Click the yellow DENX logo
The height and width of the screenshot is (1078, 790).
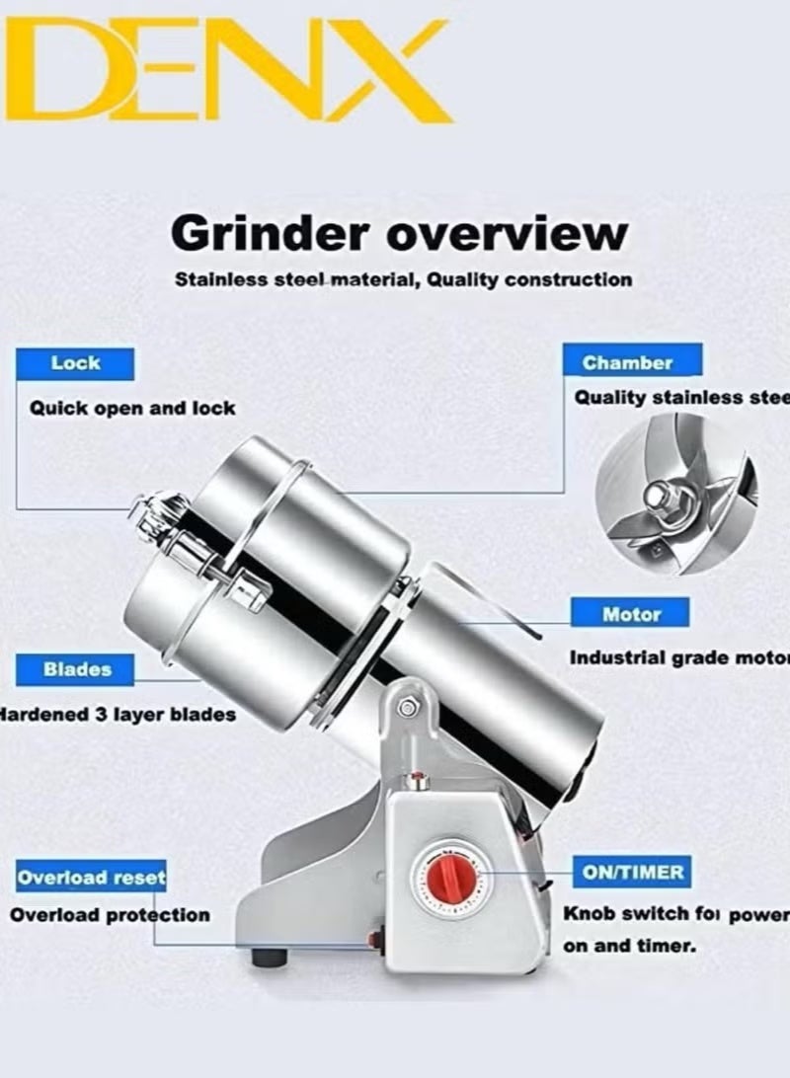tap(227, 71)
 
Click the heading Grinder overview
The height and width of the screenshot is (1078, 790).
tap(399, 235)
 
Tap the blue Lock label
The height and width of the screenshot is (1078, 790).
tap(75, 363)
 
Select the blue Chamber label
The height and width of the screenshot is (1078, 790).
tap(627, 361)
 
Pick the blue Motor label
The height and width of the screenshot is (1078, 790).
tap(631, 614)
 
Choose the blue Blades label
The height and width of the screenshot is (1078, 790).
tap(76, 669)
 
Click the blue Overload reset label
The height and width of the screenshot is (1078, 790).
tap(90, 877)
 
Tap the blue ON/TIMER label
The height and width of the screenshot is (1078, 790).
tap(631, 873)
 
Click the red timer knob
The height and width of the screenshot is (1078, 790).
tap(452, 876)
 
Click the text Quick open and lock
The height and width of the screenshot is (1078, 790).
tap(132, 408)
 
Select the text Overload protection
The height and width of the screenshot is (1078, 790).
tap(110, 915)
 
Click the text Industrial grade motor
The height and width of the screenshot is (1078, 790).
tap(678, 657)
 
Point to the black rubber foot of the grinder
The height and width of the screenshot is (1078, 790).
tap(269, 957)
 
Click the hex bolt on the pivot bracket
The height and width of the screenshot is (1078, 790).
tap(406, 707)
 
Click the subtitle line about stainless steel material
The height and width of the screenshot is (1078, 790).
tap(403, 279)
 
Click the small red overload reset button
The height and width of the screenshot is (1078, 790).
tap(376, 938)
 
